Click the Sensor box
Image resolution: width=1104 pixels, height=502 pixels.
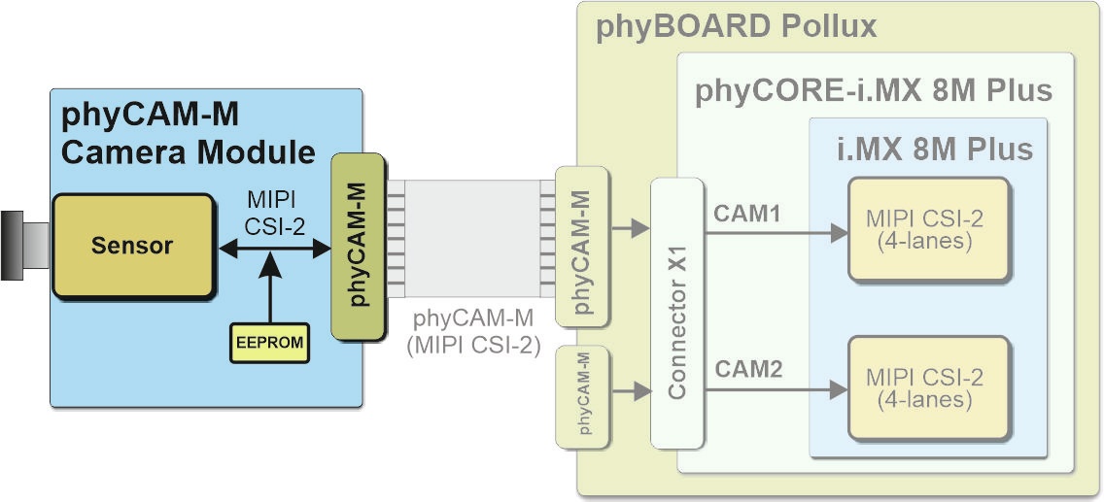tap(132, 246)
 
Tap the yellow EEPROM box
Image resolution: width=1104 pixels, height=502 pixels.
tap(269, 343)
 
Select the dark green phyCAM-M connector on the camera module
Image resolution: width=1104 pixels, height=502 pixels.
tap(359, 246)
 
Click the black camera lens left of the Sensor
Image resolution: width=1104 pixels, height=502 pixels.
tap(24, 246)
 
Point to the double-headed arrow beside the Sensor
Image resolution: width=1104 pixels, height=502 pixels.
tap(274, 247)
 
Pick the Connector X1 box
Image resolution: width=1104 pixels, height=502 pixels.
tap(676, 313)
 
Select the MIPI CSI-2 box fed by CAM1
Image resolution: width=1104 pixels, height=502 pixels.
tap(929, 230)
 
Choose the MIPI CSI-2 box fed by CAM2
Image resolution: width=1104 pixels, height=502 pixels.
tap(929, 388)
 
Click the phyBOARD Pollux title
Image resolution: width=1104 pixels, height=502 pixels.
tap(737, 27)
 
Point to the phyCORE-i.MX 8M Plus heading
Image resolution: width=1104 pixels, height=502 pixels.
tap(873, 91)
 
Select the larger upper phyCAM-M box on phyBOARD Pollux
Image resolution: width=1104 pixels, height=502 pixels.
tap(581, 247)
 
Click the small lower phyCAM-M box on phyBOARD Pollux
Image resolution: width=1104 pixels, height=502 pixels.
tap(581, 397)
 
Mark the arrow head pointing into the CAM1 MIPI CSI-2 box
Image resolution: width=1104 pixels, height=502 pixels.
tap(840, 233)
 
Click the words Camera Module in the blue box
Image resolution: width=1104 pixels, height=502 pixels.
tap(188, 151)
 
